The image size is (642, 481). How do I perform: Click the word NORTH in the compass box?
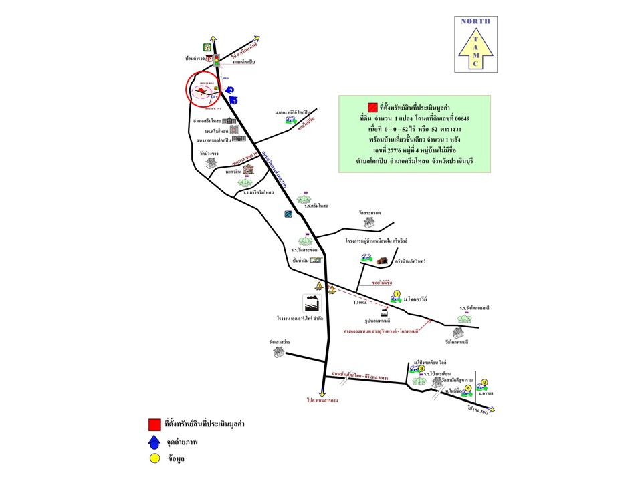click(475, 21)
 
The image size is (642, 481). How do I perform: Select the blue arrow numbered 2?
click(229, 89)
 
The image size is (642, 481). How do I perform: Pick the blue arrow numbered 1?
click(233, 100)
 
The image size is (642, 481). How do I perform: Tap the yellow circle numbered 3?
click(422, 368)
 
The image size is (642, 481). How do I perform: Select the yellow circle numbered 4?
click(468, 387)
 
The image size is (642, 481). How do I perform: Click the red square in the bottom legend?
click(154, 424)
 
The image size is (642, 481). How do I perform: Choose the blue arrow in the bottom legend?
click(154, 442)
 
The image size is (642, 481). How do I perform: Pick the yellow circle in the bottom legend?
click(154, 459)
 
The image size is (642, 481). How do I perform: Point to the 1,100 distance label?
click(360, 303)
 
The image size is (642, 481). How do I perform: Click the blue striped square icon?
click(288, 214)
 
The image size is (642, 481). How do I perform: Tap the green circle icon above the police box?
click(208, 47)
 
